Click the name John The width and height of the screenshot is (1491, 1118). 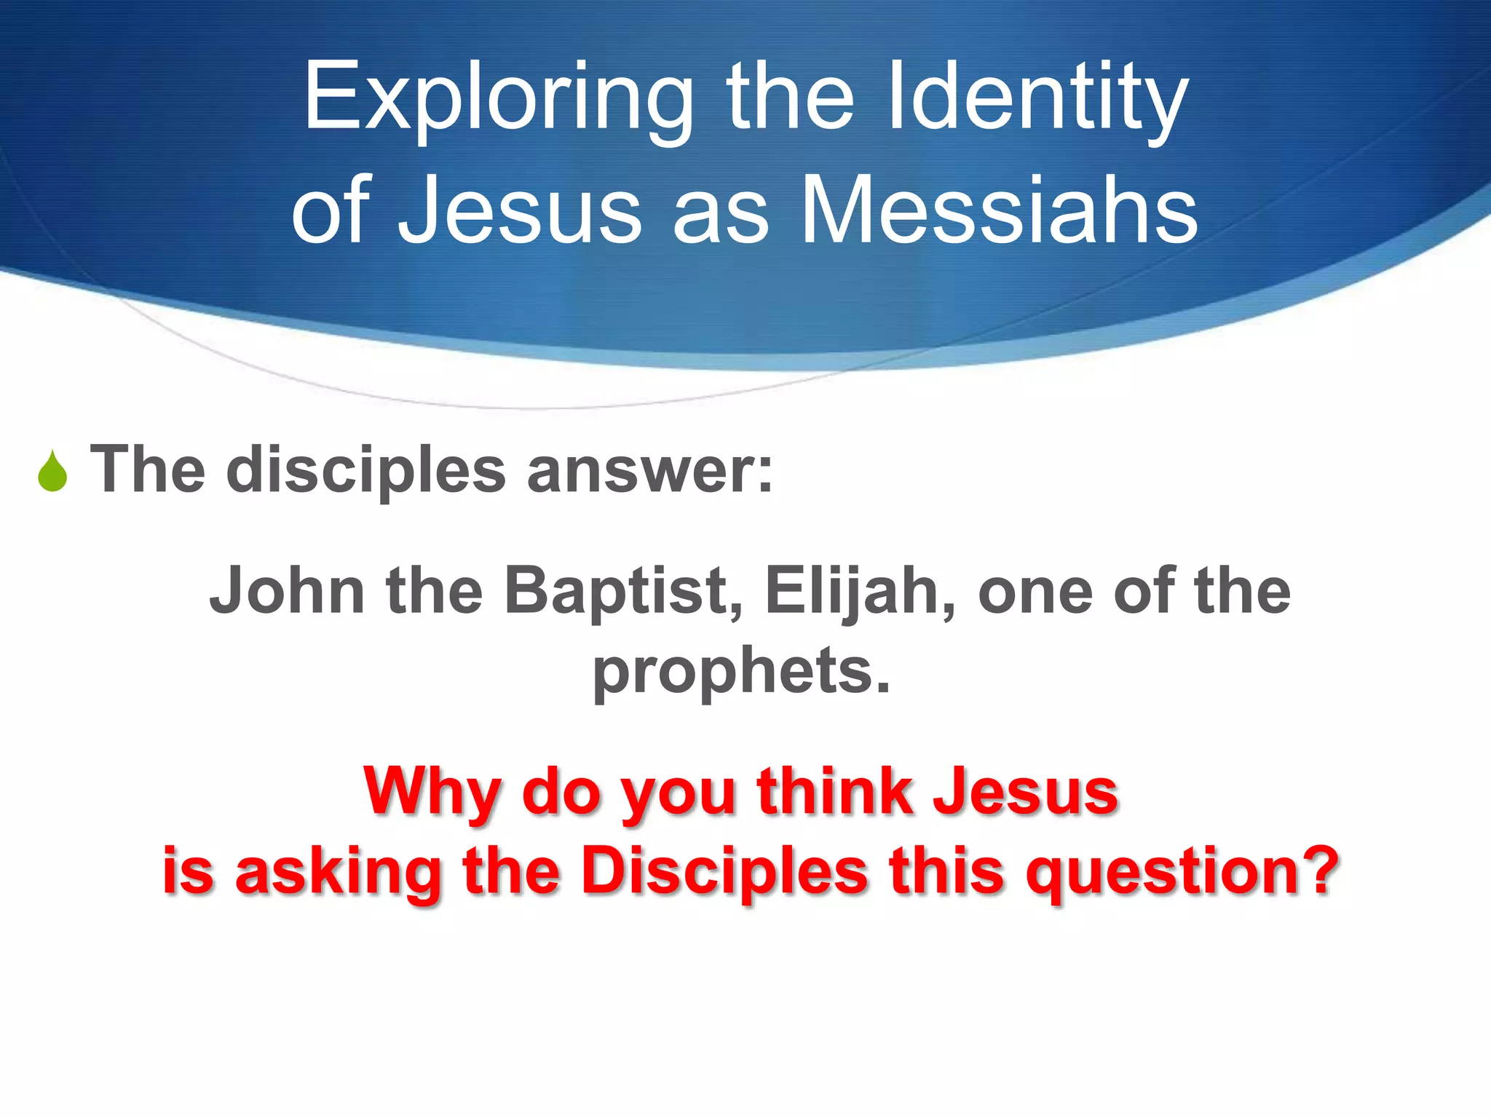coord(287,590)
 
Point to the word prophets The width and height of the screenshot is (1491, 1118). coord(741,671)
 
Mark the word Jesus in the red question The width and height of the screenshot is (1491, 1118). coord(1025,791)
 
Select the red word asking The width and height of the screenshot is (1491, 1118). coord(338,872)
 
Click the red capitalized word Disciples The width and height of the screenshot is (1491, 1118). coord(724,872)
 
